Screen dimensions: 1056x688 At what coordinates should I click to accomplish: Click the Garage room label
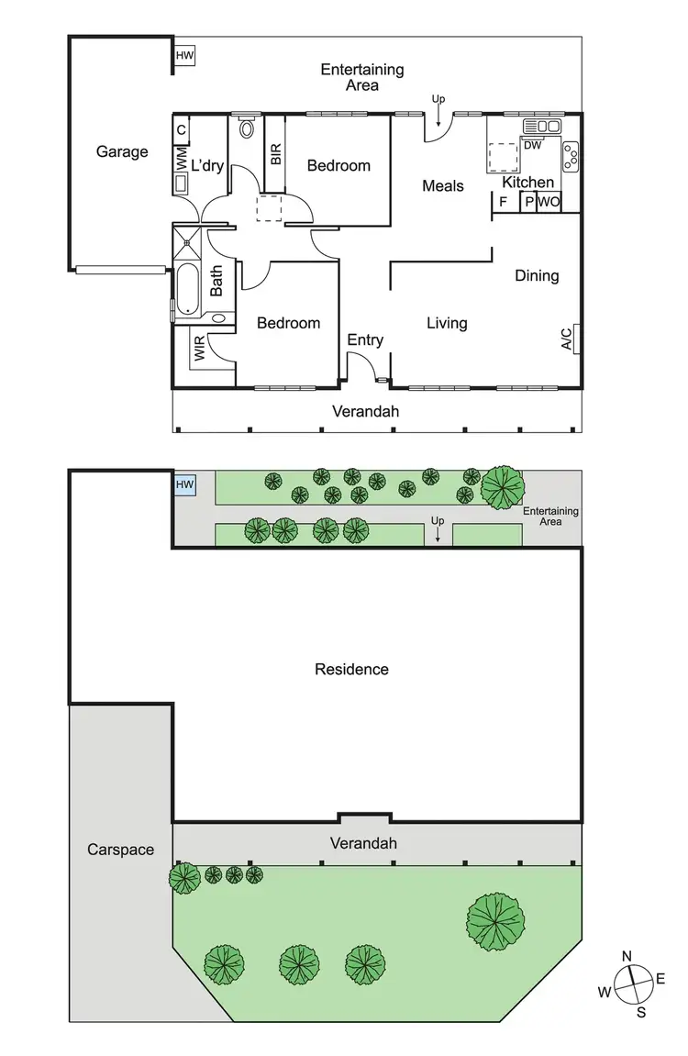122,151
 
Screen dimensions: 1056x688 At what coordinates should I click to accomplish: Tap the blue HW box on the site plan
185,484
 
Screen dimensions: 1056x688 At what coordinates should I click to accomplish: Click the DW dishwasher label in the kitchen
532,145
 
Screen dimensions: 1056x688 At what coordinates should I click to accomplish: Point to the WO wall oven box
549,202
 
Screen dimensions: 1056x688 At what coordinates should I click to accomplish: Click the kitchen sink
541,126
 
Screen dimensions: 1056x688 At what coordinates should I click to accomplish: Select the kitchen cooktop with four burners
571,155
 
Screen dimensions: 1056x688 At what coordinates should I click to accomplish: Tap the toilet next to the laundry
246,128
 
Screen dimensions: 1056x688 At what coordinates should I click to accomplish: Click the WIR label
199,350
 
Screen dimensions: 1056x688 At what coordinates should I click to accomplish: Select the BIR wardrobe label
275,153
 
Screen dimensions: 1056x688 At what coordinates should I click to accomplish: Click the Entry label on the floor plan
365,340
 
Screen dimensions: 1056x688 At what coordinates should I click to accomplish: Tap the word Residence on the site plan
351,670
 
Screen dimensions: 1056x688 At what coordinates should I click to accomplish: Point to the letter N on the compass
627,956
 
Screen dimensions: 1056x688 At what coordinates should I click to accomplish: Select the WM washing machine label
181,159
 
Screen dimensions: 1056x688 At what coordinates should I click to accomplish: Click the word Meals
443,186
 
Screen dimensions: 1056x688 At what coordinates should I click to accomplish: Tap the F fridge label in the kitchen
503,202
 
